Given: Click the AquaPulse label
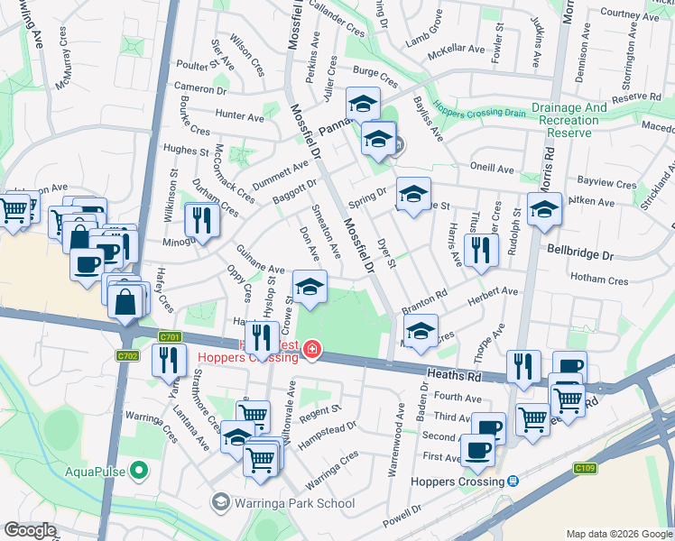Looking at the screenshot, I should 95,471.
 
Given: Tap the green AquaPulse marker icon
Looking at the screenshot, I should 138,470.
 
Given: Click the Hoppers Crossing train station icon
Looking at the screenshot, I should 513,481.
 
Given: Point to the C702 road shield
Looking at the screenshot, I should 128,356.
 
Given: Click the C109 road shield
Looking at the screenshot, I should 586,469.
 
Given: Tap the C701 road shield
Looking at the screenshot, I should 170,337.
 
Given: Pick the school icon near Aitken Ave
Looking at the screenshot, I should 544,209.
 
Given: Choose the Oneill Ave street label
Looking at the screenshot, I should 491,169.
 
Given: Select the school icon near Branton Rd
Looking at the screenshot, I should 421,331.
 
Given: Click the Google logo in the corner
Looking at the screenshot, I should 30,531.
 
